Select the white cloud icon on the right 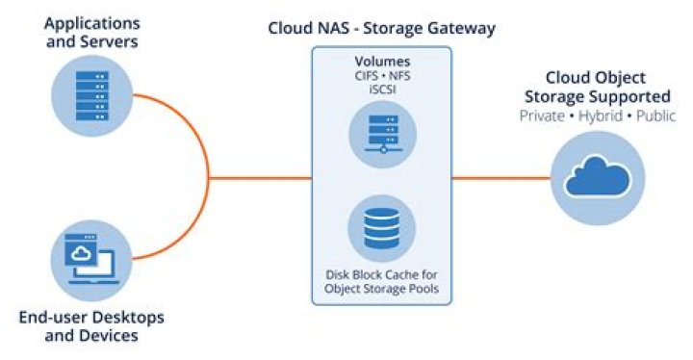(x=598, y=178)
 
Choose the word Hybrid (x=599, y=116)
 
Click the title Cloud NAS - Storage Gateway (x=382, y=28)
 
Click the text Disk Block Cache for (x=382, y=274)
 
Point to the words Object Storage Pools (x=382, y=289)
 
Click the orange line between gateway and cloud (x=500, y=178)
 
